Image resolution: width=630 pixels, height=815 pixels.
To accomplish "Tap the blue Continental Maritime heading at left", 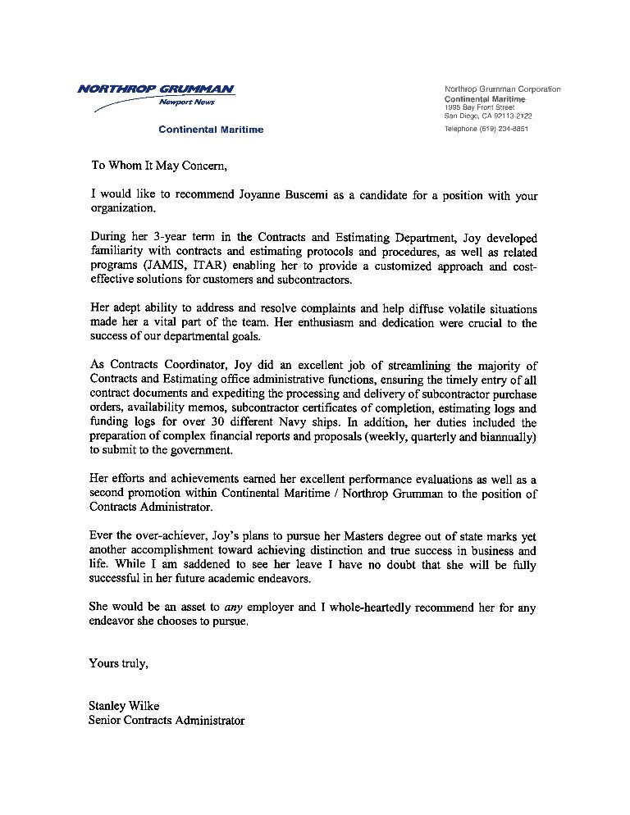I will (x=211, y=130).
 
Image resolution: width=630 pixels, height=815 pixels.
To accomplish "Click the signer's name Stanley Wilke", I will (x=125, y=707).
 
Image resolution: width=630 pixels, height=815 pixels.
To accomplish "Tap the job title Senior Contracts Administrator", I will (x=167, y=721).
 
